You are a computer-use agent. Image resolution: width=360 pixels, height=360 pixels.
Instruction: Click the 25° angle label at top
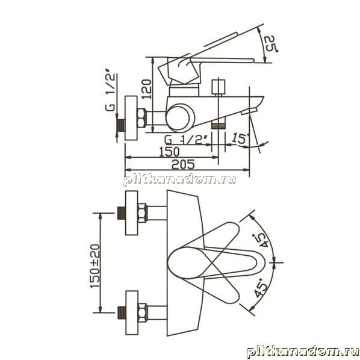pos(270,43)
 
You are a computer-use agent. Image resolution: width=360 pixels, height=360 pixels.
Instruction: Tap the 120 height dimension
pos(146,89)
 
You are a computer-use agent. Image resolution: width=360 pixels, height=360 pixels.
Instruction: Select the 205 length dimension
pos(183,164)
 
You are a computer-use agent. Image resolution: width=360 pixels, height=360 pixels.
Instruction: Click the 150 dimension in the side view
pos(169,152)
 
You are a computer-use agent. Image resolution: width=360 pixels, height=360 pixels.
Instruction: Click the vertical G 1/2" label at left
pos(110,90)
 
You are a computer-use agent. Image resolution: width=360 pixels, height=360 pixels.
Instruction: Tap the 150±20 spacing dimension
pos(95,266)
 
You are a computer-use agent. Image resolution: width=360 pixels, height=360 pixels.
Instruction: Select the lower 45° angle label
pos(261,287)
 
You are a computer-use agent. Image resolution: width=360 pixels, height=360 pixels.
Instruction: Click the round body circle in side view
pos(180,118)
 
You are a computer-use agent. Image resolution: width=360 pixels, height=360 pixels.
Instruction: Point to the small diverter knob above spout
pos(218,87)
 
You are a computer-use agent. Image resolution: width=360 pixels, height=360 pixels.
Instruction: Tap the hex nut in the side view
pos(141,118)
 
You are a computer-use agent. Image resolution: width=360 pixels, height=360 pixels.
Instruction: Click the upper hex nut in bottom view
pos(142,213)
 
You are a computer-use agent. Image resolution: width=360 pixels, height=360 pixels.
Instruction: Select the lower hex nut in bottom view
pos(142,312)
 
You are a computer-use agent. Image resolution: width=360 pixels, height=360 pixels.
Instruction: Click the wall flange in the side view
pos(131,118)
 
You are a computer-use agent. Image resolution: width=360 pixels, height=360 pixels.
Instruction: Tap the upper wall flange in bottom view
pos(132,213)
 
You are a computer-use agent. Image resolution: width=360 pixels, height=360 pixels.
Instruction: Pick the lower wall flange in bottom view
pos(132,312)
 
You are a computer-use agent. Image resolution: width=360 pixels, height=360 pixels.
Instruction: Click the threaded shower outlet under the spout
pos(218,126)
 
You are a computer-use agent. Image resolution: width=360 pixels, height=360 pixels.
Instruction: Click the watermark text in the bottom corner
pos(303,352)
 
